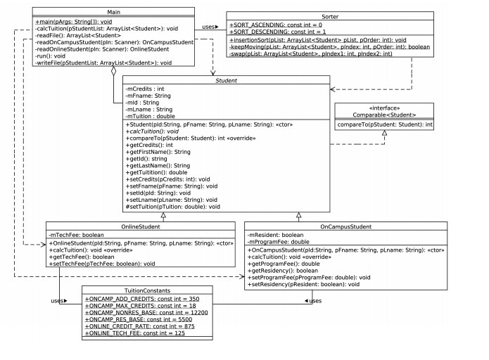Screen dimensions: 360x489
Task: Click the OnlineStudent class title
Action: pos(93,227)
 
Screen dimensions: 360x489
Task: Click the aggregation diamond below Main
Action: pos(113,72)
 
